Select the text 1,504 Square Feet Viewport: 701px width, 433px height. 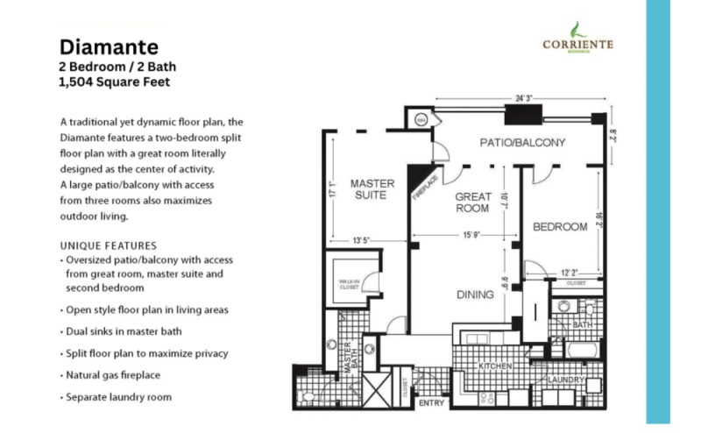tap(114, 83)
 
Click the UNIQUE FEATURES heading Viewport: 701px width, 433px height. tap(108, 246)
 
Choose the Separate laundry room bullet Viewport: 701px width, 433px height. tap(117, 397)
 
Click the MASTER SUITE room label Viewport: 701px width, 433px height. tap(372, 188)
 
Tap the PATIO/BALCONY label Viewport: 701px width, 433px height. tap(521, 142)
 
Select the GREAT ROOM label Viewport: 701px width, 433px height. tap(472, 203)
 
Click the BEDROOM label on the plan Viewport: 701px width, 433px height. tap(560, 227)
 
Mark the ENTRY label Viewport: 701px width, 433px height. tap(433, 404)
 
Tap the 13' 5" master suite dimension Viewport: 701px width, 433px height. tap(363, 238)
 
